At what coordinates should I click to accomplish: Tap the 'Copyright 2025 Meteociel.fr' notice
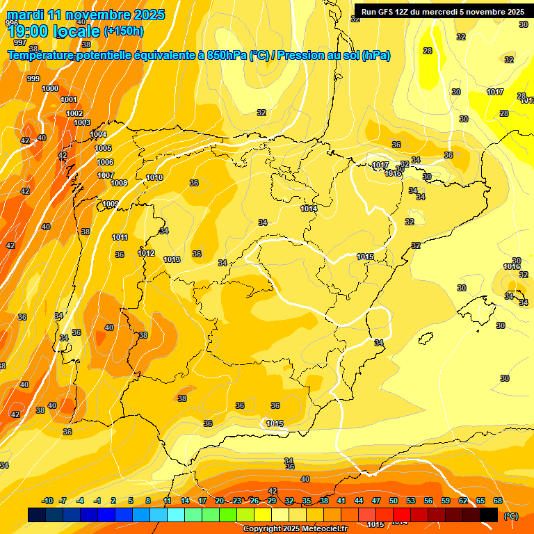coord(295,528)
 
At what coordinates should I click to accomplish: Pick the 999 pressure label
coord(33,79)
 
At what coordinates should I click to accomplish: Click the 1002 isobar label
coord(74,113)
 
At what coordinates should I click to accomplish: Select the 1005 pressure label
coord(103,148)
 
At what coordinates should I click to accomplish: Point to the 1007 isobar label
coord(106,175)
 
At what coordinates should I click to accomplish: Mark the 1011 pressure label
coord(120,237)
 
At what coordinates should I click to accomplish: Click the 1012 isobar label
coord(146,253)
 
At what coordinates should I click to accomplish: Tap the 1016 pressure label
coord(512,266)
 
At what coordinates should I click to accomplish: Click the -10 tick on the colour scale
coord(47,501)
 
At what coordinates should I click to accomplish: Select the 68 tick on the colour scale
coord(498,501)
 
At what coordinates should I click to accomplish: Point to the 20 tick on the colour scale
coord(220,501)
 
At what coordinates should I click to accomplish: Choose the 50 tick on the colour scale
coord(394,501)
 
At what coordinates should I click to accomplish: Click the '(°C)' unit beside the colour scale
coord(511,516)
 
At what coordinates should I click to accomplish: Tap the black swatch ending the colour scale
coord(489,515)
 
